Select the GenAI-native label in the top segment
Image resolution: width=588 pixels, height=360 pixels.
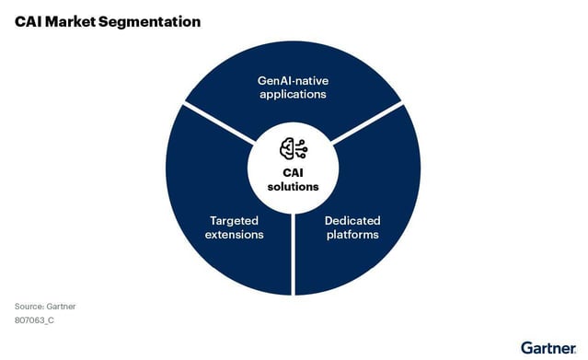tap(293, 80)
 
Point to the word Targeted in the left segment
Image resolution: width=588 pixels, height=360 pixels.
tap(234, 220)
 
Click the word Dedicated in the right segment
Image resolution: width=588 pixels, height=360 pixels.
tap(352, 220)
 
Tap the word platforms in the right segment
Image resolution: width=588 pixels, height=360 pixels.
tap(352, 235)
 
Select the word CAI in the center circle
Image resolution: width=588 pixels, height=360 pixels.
tap(294, 172)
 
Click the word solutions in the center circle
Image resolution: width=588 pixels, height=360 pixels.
tap(294, 186)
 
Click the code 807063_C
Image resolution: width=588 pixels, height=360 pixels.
tap(35, 320)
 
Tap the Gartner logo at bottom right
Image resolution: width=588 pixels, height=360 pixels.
tap(548, 347)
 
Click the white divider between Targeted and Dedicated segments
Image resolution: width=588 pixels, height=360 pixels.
tap(293, 253)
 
